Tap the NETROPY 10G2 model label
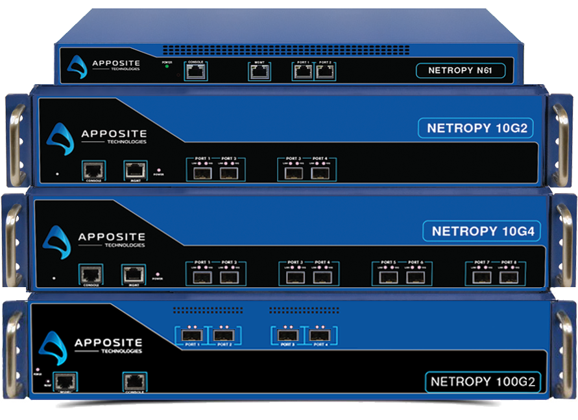point(476,128)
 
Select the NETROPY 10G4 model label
point(483,230)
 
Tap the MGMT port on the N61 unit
point(259,72)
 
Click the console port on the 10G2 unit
point(93,170)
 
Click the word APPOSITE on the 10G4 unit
point(112,236)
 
